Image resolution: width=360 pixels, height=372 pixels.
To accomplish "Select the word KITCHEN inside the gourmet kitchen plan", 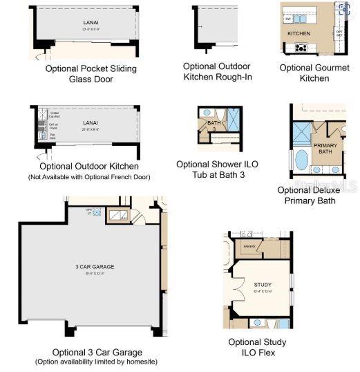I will pyautogui.click(x=299, y=33).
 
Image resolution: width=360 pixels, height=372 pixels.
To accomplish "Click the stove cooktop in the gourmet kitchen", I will pyautogui.click(x=301, y=48).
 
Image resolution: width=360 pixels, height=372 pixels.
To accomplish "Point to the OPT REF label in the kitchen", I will pyautogui.click(x=339, y=32).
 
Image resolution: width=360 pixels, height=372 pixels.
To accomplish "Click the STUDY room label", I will pyautogui.click(x=263, y=285).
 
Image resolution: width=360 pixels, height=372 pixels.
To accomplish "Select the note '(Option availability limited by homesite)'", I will pyautogui.click(x=96, y=362).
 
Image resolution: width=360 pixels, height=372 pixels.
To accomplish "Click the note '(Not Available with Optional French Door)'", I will pyautogui.click(x=89, y=177).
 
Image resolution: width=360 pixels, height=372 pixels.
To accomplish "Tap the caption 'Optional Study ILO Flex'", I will pyautogui.click(x=258, y=347).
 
